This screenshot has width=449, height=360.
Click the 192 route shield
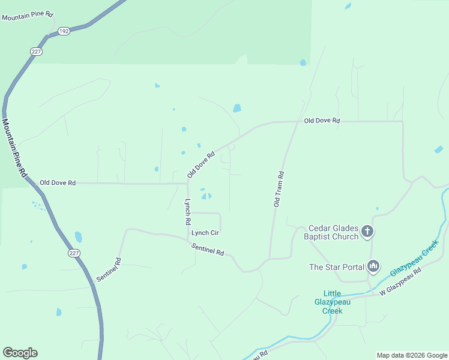(63, 31)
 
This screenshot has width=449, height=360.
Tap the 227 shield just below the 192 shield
(37, 52)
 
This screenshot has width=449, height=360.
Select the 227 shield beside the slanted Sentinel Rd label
(74, 254)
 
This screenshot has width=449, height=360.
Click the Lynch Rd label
(187, 211)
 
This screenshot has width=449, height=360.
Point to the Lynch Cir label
(205, 233)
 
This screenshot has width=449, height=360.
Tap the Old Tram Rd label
(279, 189)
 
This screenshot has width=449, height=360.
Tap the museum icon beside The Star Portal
(373, 266)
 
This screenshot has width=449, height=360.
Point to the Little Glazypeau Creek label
(332, 302)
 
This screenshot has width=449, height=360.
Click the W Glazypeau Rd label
(400, 281)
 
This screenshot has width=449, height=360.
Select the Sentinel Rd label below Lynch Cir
(208, 250)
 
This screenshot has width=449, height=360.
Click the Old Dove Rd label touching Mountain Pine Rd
(58, 182)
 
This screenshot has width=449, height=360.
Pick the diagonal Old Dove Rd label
(200, 164)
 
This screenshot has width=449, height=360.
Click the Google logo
(20, 353)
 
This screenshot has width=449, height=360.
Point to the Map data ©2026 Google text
(411, 355)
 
